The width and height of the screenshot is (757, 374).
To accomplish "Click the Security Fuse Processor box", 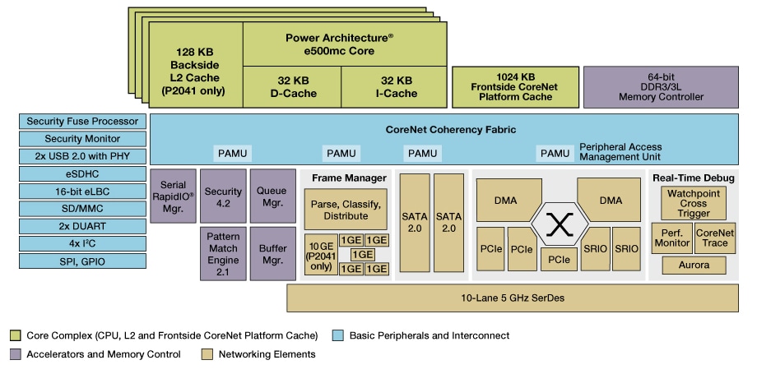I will pos(82,122).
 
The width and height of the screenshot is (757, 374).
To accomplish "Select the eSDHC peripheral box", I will pos(82,173).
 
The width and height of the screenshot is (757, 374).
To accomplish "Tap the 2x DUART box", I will pos(82,226).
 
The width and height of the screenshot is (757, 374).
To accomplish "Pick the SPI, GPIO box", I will pos(82,261).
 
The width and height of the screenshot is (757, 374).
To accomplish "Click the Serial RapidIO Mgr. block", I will pos(173,197).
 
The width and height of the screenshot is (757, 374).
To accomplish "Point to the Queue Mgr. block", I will pos(272,197).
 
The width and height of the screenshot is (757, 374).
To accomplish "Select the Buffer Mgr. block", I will pos(272,254).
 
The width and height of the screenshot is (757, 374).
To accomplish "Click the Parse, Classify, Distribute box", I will pos(346,209).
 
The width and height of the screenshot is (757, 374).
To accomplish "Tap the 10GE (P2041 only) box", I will pos(321,255).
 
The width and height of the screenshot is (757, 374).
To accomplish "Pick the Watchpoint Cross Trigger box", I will pos(694,202).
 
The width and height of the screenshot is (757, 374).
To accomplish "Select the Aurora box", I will pos(694,265).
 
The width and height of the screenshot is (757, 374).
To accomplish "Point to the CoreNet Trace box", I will pos(714,238).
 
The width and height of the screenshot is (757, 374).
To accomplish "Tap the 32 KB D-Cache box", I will pos(292,86).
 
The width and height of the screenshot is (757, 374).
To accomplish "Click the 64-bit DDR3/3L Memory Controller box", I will pos(661,87).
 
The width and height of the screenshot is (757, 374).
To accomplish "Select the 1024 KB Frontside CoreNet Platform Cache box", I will pos(514,87).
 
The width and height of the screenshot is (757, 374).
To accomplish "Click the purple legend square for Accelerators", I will pos(15,354).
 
